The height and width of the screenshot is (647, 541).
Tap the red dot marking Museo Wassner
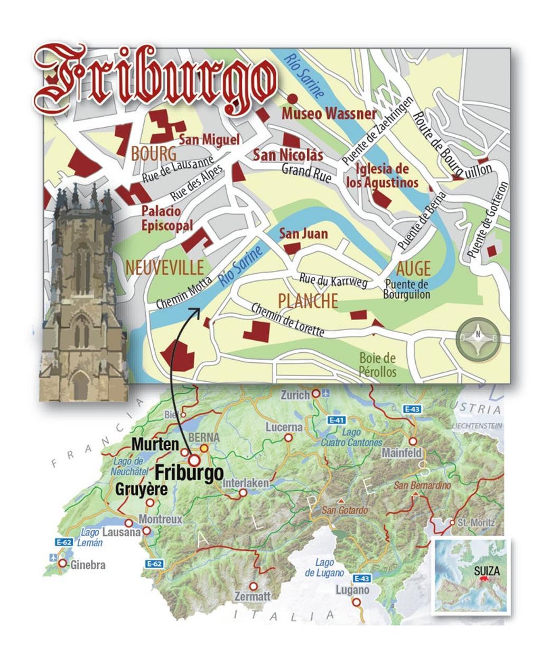tap(292, 99)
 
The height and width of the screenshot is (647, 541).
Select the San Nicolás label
tap(287, 155)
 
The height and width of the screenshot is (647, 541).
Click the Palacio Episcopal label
tap(161, 218)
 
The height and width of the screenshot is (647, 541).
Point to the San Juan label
tap(303, 233)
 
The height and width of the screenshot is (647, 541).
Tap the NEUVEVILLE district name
tap(164, 268)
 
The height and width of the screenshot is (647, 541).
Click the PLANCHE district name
tap(307, 301)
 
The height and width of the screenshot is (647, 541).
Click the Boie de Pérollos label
tap(377, 365)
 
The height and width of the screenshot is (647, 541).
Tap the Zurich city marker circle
tap(316, 393)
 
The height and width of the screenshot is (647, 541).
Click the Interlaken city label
tap(246, 483)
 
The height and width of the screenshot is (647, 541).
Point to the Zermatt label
tap(253, 596)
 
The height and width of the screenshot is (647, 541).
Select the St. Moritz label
tap(476, 523)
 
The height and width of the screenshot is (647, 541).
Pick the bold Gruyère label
tap(141, 489)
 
